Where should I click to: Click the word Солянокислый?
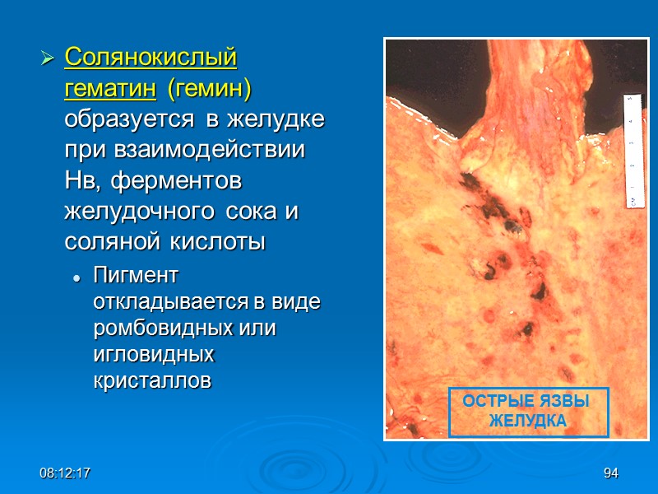coord(151,58)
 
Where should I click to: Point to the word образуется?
coord(131,120)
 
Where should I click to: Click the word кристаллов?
coord(152,381)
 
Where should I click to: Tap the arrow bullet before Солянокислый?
coord(48,59)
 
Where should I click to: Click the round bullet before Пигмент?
coord(76,280)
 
